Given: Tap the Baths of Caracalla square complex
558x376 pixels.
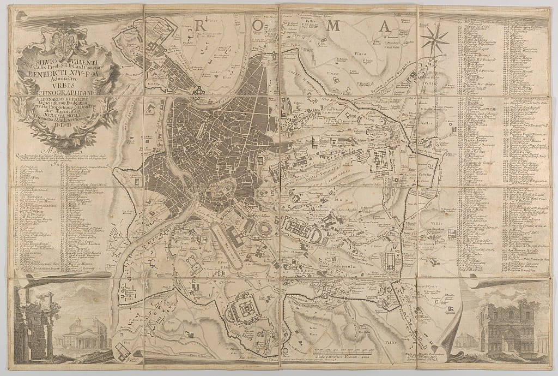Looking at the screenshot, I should coord(243,309).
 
